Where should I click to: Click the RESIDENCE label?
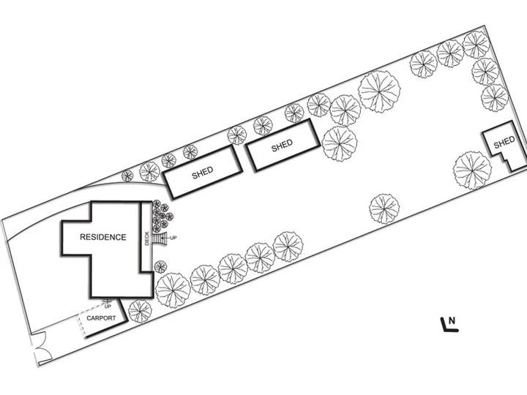tap(103, 237)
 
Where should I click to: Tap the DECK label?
tap(146, 238)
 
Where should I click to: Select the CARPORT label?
tap(101, 318)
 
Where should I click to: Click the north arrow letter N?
tap(452, 320)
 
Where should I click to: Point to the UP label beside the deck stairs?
tap(173, 238)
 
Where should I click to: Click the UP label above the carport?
tap(108, 306)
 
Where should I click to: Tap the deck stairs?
tap(158, 238)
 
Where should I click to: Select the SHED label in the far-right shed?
tap(504, 142)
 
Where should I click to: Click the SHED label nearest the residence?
tap(202, 173)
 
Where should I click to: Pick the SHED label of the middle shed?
tap(282, 146)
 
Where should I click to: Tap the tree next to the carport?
tap(140, 312)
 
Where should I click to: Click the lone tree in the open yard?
tap(384, 209)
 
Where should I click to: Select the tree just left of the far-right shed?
tap(472, 170)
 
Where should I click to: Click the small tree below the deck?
tap(160, 267)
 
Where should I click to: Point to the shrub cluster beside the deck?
tap(162, 216)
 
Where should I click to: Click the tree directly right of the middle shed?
tap(340, 144)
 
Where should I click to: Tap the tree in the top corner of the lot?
tap(476, 45)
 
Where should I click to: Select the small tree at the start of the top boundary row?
tap(127, 176)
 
